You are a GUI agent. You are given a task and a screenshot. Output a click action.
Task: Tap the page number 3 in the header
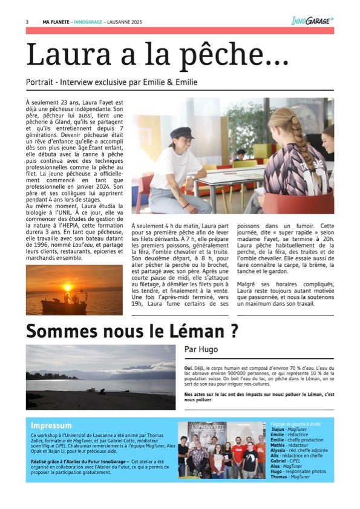coord(27,21)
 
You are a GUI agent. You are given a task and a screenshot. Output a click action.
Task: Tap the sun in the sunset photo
coord(68,287)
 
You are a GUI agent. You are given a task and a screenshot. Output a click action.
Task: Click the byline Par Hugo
coord(201,349)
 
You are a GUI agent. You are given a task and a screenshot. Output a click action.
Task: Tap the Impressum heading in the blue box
coord(51,425)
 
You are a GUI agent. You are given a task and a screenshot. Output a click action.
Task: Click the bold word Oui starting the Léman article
coord(188,367)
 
